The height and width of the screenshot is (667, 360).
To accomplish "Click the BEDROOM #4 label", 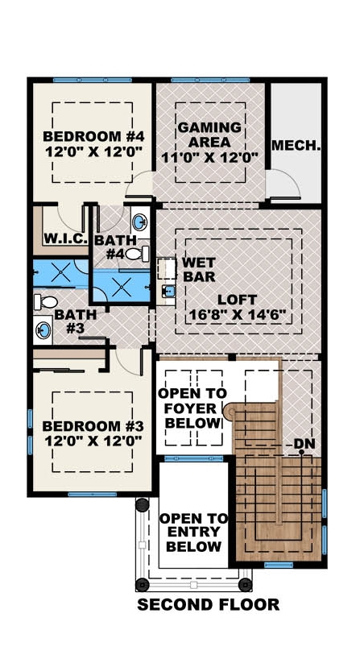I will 92,142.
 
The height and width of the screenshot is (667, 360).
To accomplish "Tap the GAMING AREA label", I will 209,142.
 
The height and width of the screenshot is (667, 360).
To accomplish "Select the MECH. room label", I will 296,146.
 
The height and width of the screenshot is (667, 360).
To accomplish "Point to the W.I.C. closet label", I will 60,239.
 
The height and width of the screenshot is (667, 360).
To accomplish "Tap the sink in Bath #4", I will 139,222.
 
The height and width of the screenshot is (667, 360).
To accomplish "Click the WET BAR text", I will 197,271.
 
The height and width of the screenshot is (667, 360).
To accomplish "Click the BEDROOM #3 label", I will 92,433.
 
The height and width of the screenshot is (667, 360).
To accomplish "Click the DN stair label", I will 304,443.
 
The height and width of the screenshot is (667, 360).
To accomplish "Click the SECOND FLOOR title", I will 208,604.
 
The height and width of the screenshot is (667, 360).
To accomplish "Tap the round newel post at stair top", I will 229,413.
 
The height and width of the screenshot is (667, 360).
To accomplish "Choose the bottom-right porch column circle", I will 245,582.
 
